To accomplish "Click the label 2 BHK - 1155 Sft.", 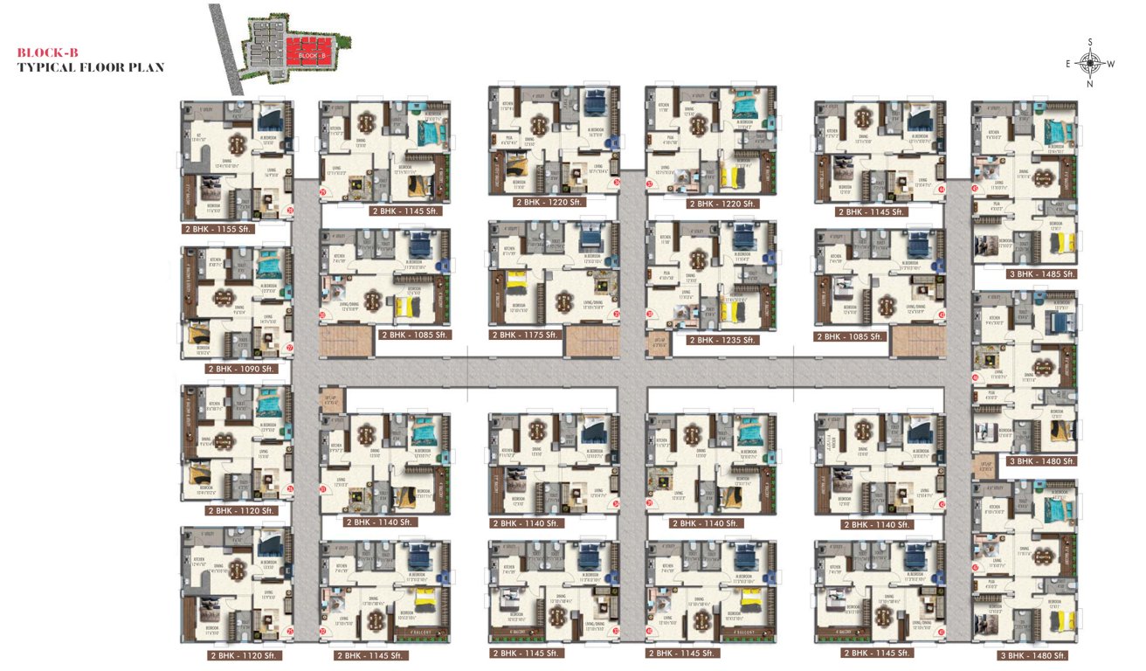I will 215,229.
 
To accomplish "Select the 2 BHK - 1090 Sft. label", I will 241,369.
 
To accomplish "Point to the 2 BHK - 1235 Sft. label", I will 721,340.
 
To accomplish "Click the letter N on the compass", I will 1090,85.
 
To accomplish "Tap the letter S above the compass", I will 1090,41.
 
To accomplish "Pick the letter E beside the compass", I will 1068,63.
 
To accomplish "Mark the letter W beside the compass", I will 1112,63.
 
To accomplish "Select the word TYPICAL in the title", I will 49,66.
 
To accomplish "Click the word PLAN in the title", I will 148,66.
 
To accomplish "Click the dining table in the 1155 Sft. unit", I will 238,144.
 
